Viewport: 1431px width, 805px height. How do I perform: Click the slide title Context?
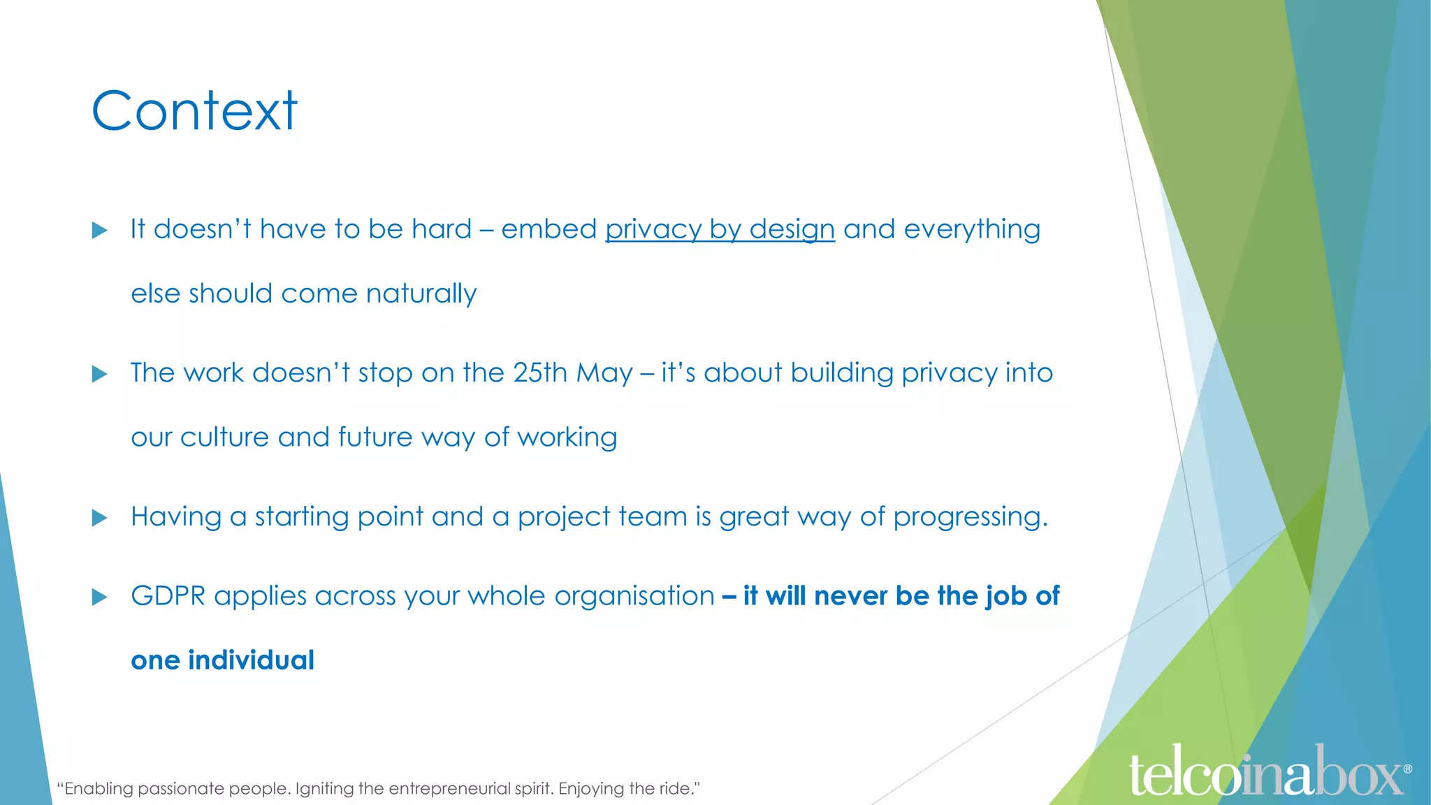[x=194, y=111]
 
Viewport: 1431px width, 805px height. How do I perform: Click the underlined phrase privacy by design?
[x=720, y=230]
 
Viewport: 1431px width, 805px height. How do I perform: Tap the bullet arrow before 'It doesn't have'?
[x=100, y=231]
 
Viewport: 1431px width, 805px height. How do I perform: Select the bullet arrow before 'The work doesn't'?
[x=100, y=375]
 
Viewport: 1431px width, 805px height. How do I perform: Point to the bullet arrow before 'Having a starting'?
[x=100, y=518]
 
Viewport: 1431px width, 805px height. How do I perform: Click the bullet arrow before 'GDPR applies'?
[x=100, y=597]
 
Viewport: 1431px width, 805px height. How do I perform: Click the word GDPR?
[x=168, y=596]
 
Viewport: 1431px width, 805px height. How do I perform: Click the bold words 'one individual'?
[x=222, y=660]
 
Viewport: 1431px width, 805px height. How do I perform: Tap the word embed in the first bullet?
[x=549, y=230]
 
